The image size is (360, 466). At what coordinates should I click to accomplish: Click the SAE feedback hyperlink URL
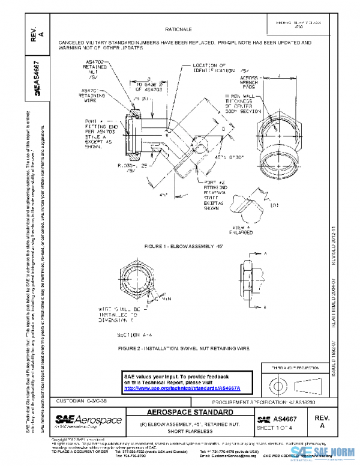pyautogui.click(x=186, y=389)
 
